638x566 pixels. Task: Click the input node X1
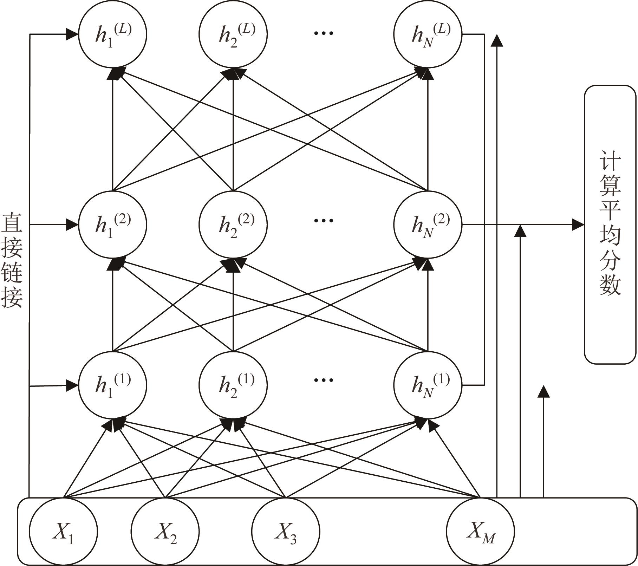click(x=63, y=531)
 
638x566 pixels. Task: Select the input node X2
click(x=165, y=531)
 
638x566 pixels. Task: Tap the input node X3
click(x=286, y=531)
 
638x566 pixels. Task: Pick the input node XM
click(x=480, y=531)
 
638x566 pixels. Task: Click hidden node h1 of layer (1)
click(x=112, y=385)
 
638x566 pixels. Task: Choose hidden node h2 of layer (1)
click(x=233, y=385)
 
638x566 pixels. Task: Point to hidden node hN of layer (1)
click(x=428, y=385)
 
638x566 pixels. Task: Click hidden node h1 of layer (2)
click(x=112, y=225)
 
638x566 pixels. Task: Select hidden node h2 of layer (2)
click(x=233, y=225)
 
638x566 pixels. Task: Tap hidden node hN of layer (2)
click(x=428, y=225)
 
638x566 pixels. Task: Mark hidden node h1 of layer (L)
click(x=112, y=34)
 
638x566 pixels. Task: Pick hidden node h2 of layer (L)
click(x=233, y=34)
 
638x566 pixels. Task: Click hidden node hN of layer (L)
click(x=428, y=34)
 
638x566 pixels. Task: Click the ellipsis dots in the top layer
click(x=323, y=33)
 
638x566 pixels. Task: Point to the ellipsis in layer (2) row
click(x=323, y=221)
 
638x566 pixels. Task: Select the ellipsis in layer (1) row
click(x=323, y=380)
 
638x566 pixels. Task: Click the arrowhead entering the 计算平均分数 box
click(x=578, y=225)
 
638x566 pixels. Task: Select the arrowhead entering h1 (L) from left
click(x=72, y=34)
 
